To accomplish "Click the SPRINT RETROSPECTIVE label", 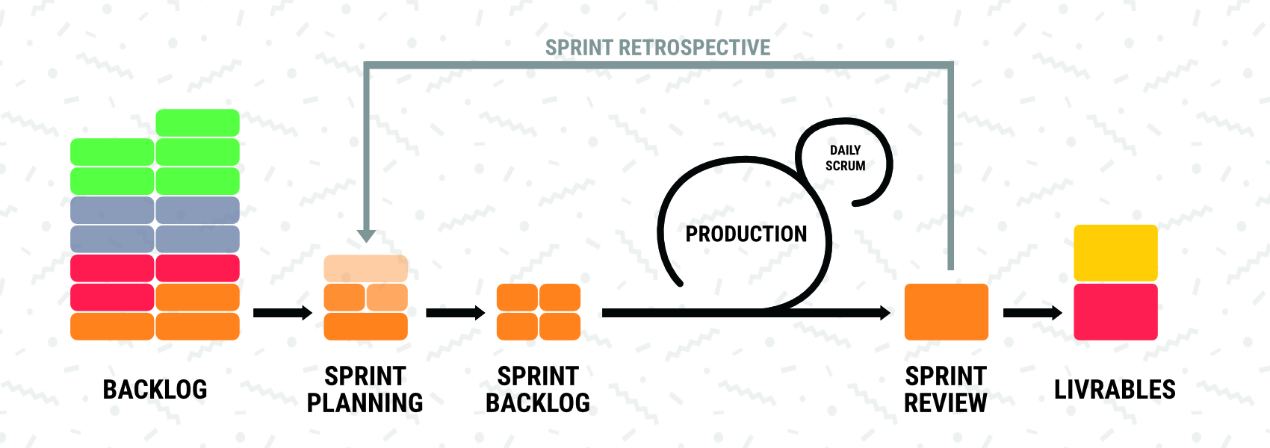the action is pyautogui.click(x=657, y=48).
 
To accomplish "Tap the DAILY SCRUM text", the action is pyautogui.click(x=846, y=158).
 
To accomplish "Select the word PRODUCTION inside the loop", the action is pyautogui.click(x=746, y=234).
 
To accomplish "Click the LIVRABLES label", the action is pyautogui.click(x=1115, y=390).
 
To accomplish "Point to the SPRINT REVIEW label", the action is pyautogui.click(x=946, y=390).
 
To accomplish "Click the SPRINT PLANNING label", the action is pyautogui.click(x=365, y=390).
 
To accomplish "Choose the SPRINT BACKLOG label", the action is pyautogui.click(x=538, y=390).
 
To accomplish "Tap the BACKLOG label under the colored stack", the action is pyautogui.click(x=155, y=390).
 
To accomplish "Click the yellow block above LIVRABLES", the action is pyautogui.click(x=1116, y=252).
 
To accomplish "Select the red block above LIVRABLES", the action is pyautogui.click(x=1116, y=312).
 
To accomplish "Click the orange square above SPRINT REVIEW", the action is pyautogui.click(x=947, y=312).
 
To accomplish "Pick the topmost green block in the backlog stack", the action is pyautogui.click(x=197, y=123).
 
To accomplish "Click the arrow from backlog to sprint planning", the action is pyautogui.click(x=283, y=313).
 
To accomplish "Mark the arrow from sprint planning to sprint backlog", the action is pyautogui.click(x=456, y=313).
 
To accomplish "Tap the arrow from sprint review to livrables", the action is pyautogui.click(x=1033, y=313).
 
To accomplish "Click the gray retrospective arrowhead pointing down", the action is pyautogui.click(x=366, y=236).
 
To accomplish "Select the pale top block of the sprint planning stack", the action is pyautogui.click(x=366, y=269).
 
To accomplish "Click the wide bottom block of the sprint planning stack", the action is pyautogui.click(x=366, y=326).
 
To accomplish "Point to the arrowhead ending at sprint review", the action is pyautogui.click(x=885, y=313).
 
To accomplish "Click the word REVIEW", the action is pyautogui.click(x=946, y=402).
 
